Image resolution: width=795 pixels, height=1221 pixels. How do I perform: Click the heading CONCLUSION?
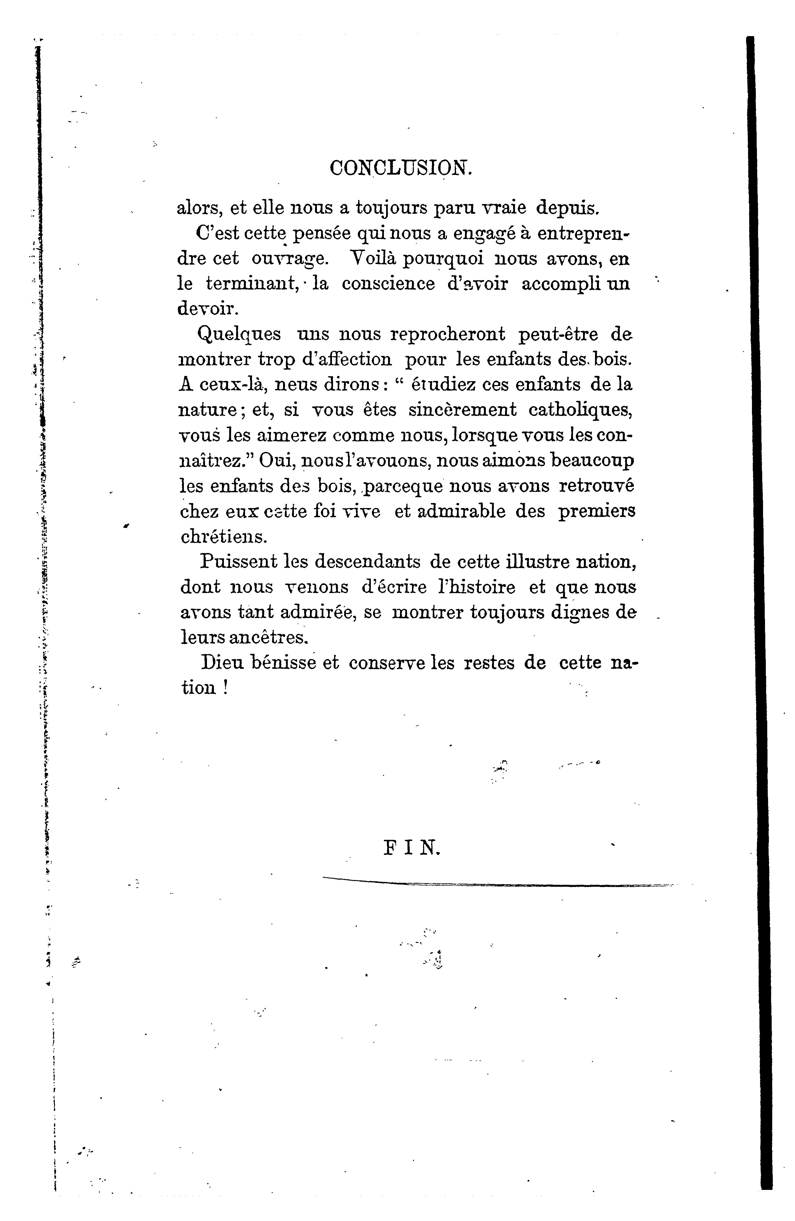[400, 168]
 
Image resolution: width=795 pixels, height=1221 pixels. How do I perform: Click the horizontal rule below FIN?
[498, 883]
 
